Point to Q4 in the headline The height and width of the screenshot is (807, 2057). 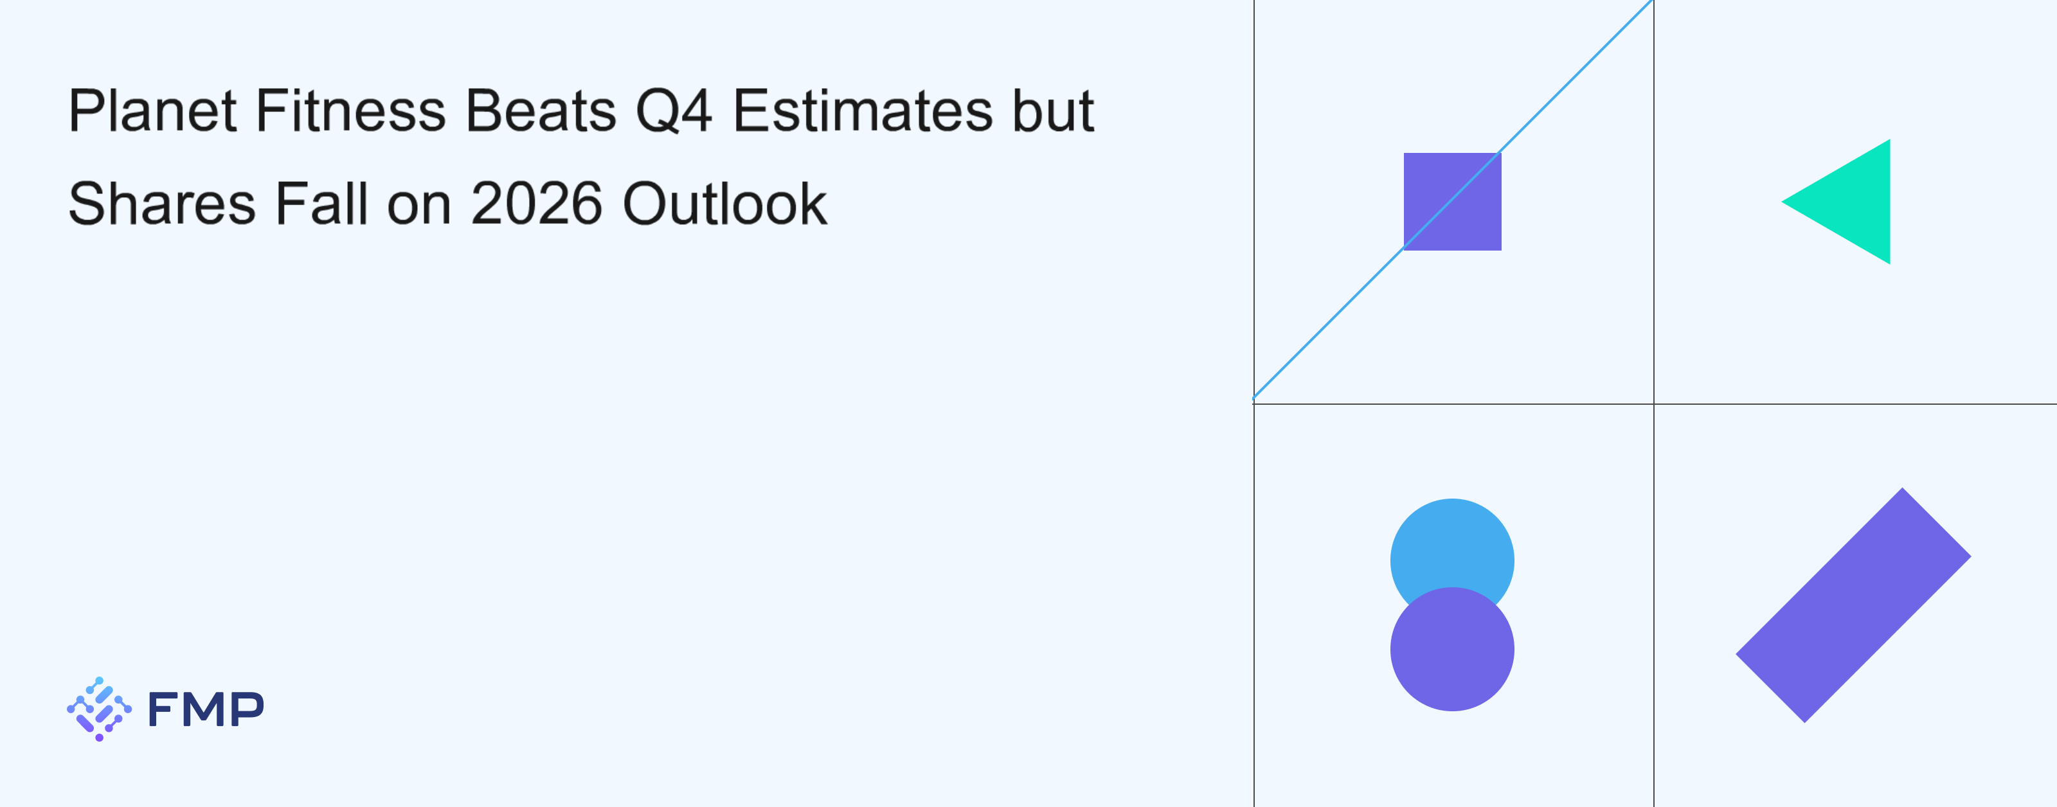pos(673,111)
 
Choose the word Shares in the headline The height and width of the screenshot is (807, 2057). pos(161,204)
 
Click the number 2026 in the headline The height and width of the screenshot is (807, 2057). pos(537,204)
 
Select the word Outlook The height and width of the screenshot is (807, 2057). pos(724,203)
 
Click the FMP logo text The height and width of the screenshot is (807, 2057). pos(206,709)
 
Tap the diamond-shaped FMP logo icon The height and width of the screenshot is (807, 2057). pos(99,709)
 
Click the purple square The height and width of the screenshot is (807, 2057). pos(1453,202)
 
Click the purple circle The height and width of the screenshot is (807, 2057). pos(1453,649)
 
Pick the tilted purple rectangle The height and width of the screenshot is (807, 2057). pos(1853,605)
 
